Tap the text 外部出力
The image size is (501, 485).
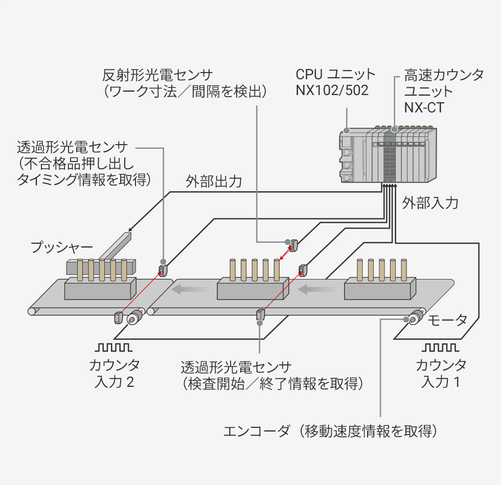click(214, 182)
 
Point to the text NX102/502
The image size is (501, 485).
click(332, 90)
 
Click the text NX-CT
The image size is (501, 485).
click(424, 108)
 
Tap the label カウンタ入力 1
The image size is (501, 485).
click(441, 374)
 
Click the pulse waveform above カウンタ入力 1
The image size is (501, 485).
click(441, 348)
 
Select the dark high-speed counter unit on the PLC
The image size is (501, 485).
click(390, 156)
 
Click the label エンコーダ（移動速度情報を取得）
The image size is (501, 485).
click(331, 431)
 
